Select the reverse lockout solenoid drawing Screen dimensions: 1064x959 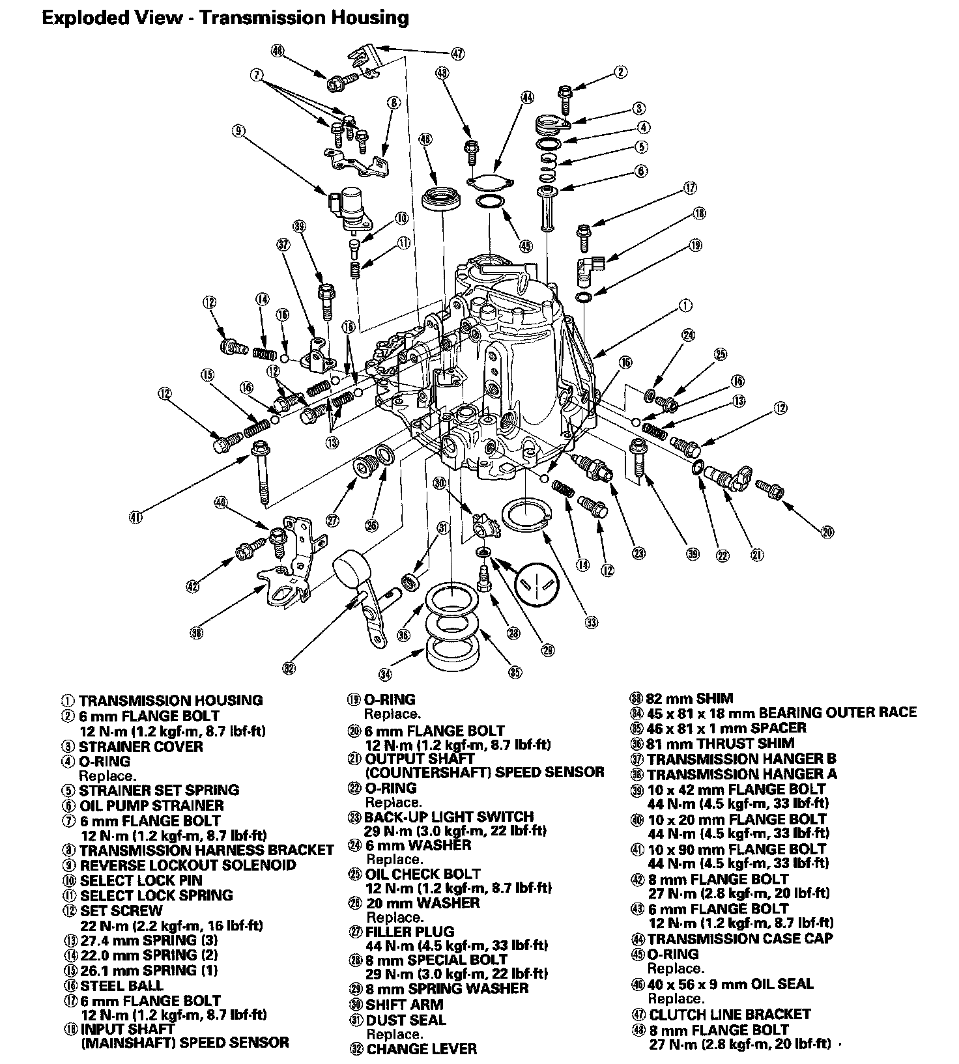point(351,203)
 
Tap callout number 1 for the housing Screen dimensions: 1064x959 point(685,305)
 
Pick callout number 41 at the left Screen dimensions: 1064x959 point(136,517)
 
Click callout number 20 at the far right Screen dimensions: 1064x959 point(827,533)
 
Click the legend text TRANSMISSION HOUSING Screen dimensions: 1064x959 point(171,701)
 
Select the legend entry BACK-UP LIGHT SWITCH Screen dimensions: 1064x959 point(449,817)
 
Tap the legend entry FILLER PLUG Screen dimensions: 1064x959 point(409,932)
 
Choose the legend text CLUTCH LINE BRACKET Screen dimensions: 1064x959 point(730,1015)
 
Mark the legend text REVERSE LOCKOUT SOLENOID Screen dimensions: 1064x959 point(188,865)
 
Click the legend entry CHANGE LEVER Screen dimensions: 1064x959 point(421,1049)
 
